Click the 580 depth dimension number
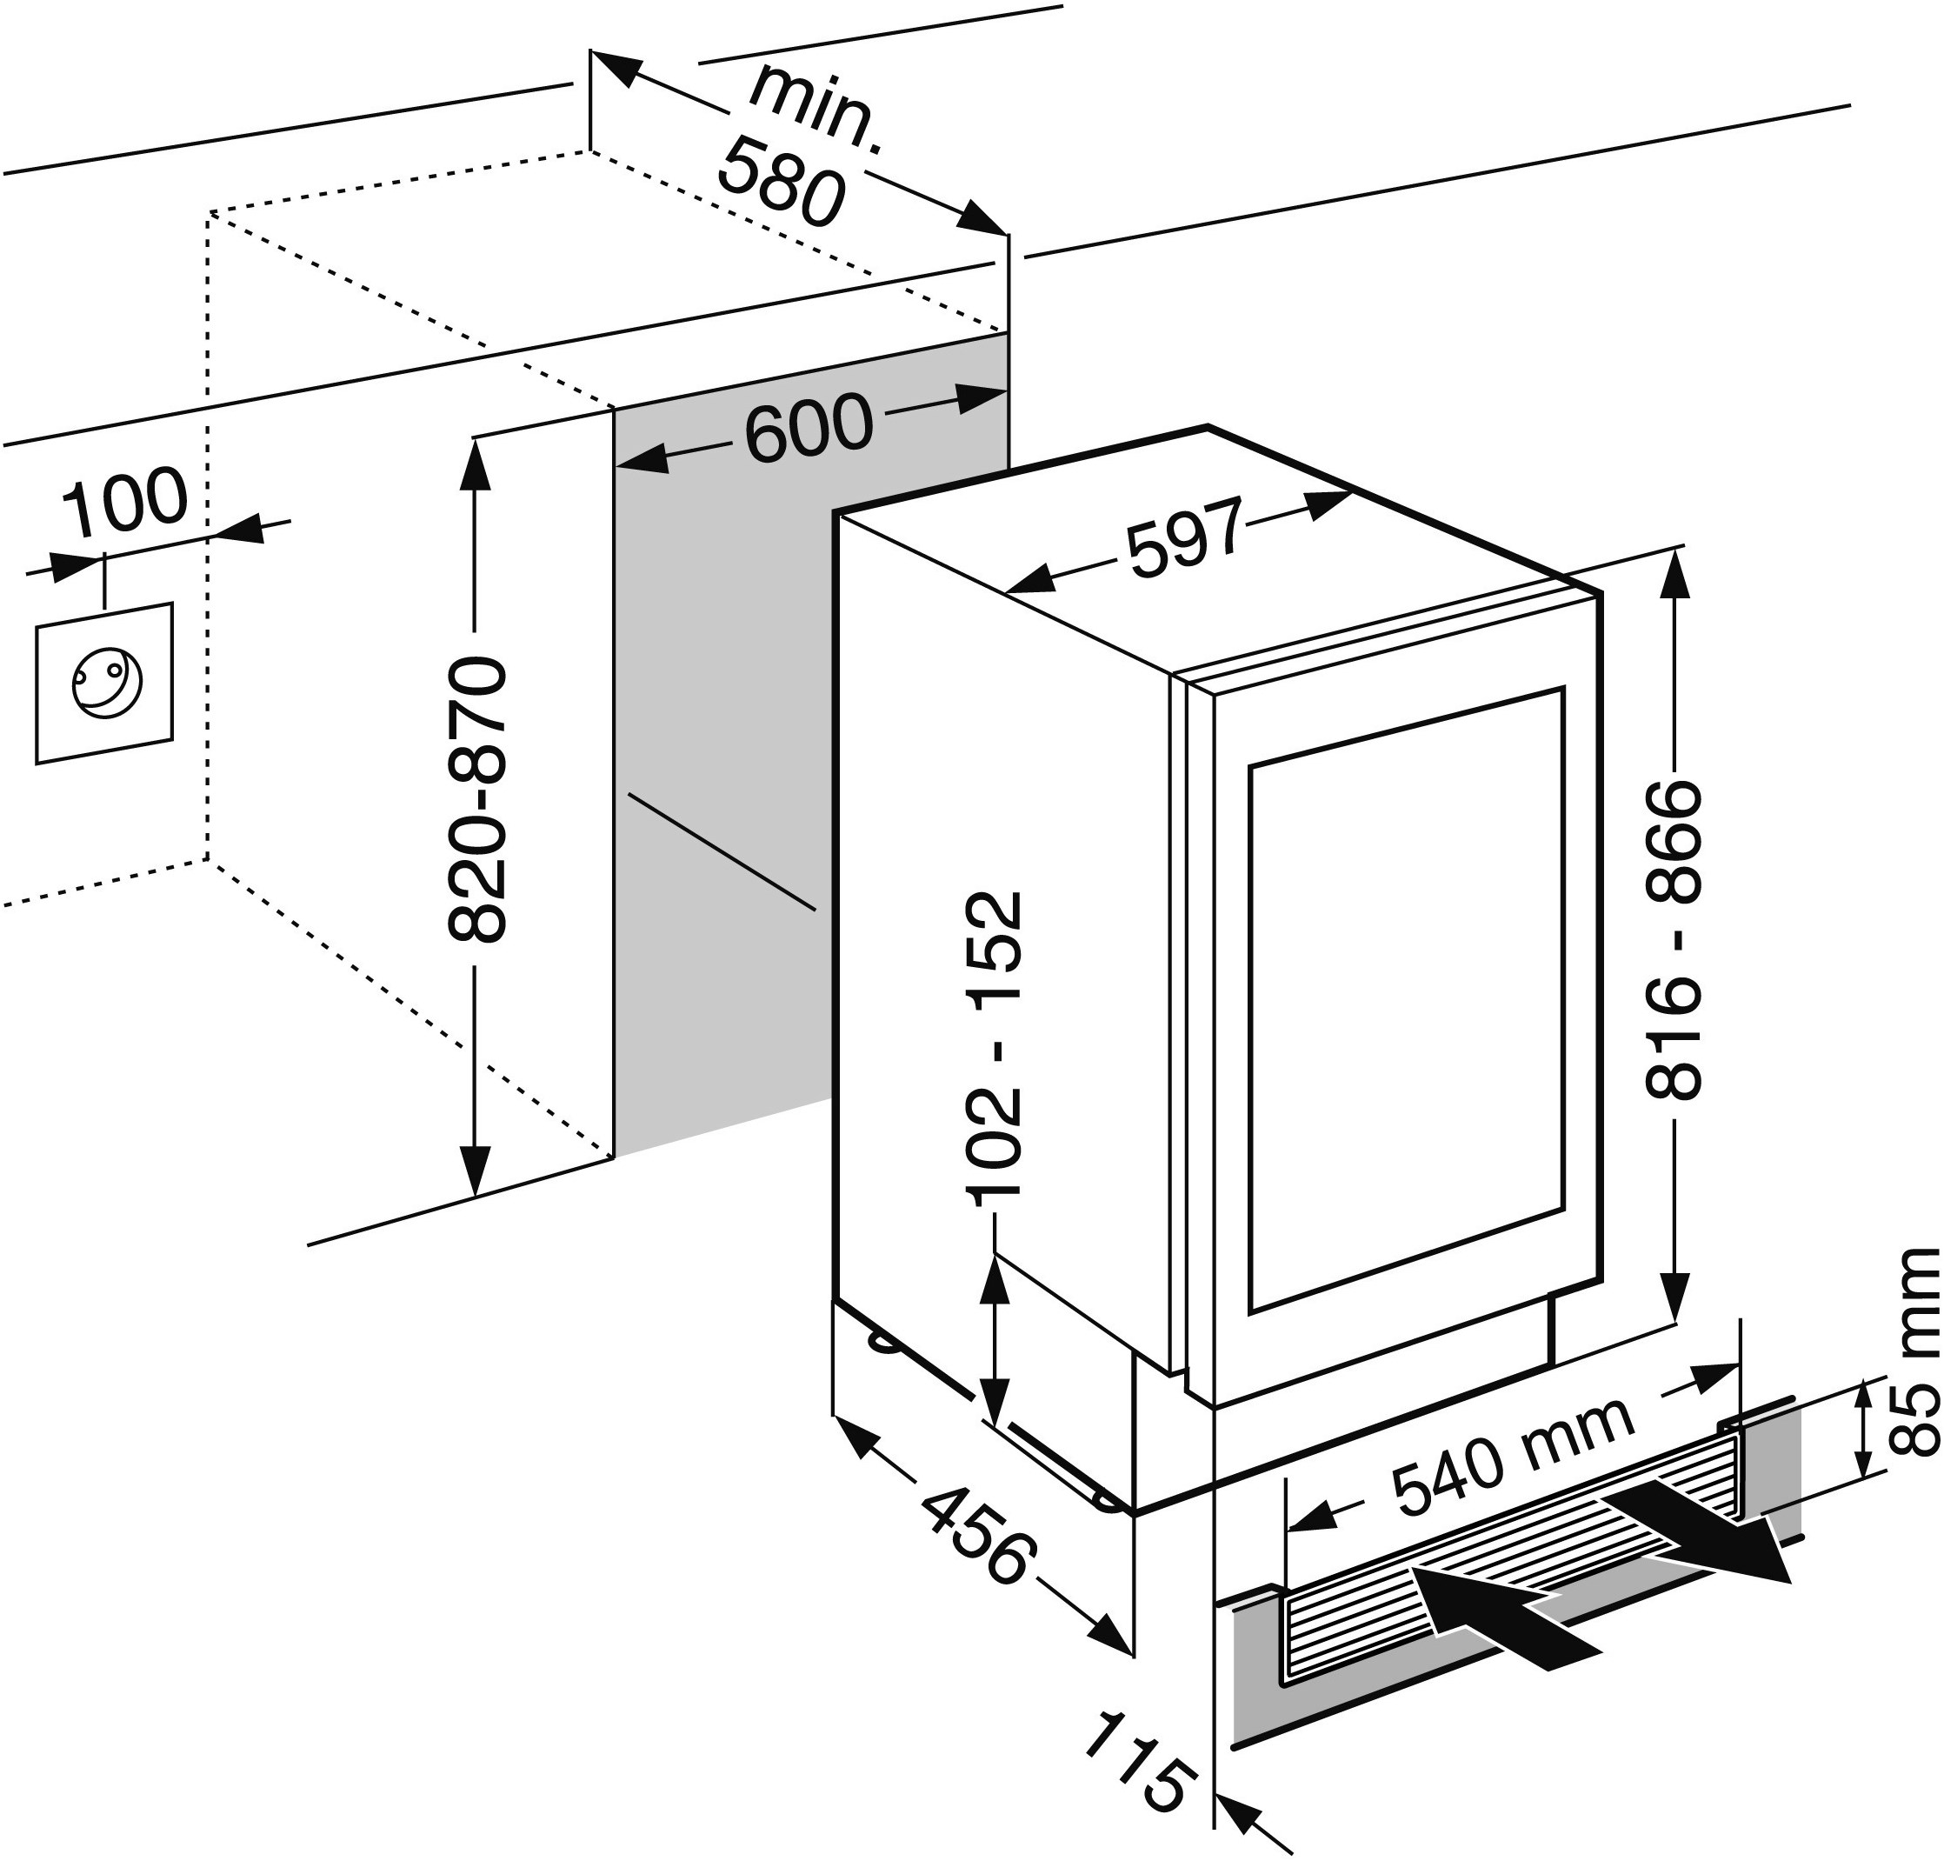[x=781, y=184]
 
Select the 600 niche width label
[x=809, y=429]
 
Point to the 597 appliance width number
[x=1186, y=538]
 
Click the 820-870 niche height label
[x=477, y=798]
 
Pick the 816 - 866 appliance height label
[x=1674, y=940]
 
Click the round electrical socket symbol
[x=107, y=683]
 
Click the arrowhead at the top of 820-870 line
[x=477, y=465]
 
